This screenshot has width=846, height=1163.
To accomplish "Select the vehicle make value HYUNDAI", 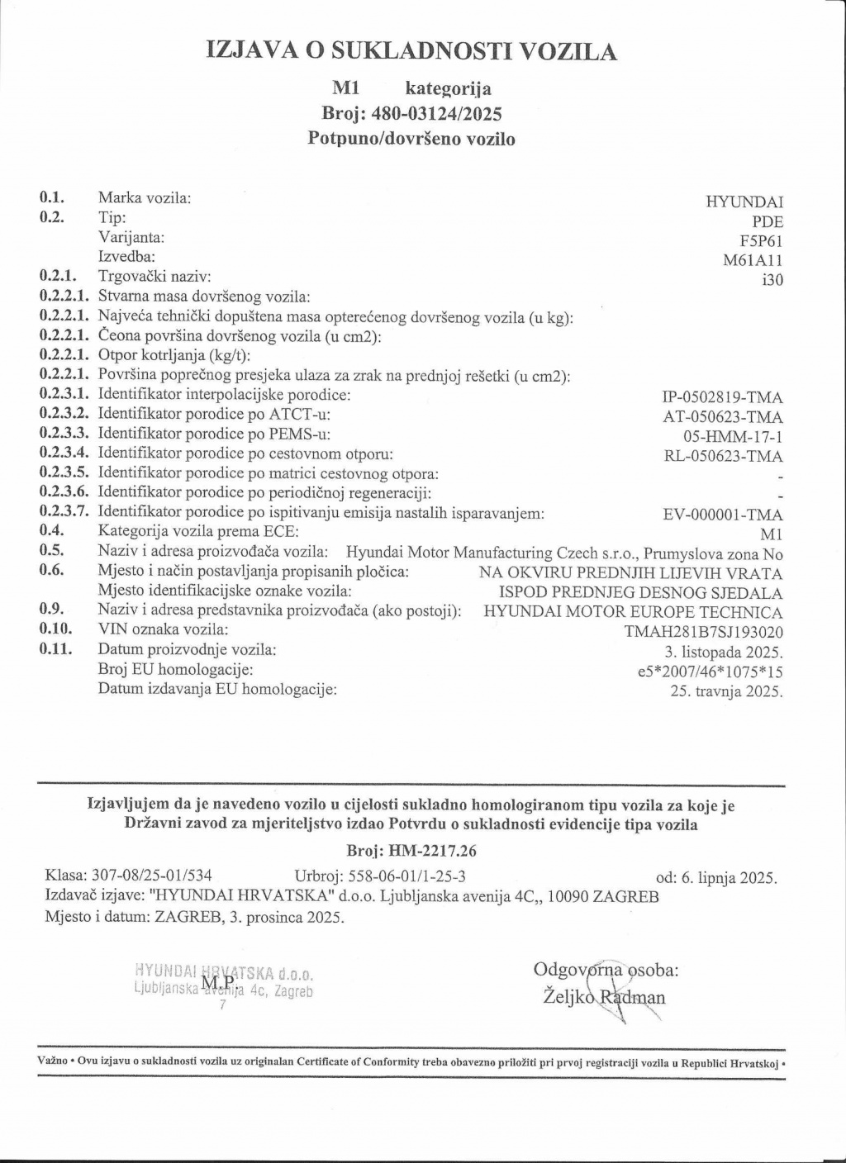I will click(744, 202).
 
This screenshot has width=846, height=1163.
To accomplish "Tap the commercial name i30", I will click(772, 280).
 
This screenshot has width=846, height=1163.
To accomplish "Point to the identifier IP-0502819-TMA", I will click(723, 398).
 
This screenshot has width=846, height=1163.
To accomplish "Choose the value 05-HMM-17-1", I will click(734, 435).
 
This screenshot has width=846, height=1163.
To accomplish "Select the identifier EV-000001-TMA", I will click(723, 515).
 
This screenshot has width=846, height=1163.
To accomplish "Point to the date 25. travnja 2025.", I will click(727, 691).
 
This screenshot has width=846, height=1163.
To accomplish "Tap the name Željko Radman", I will click(604, 997).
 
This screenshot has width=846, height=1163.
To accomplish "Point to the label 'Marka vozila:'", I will click(145, 197).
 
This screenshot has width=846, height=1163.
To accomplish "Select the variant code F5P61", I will click(761, 241).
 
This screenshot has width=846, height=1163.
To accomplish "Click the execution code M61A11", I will click(753, 261).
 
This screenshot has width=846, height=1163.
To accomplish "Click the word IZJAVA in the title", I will click(254, 51).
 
